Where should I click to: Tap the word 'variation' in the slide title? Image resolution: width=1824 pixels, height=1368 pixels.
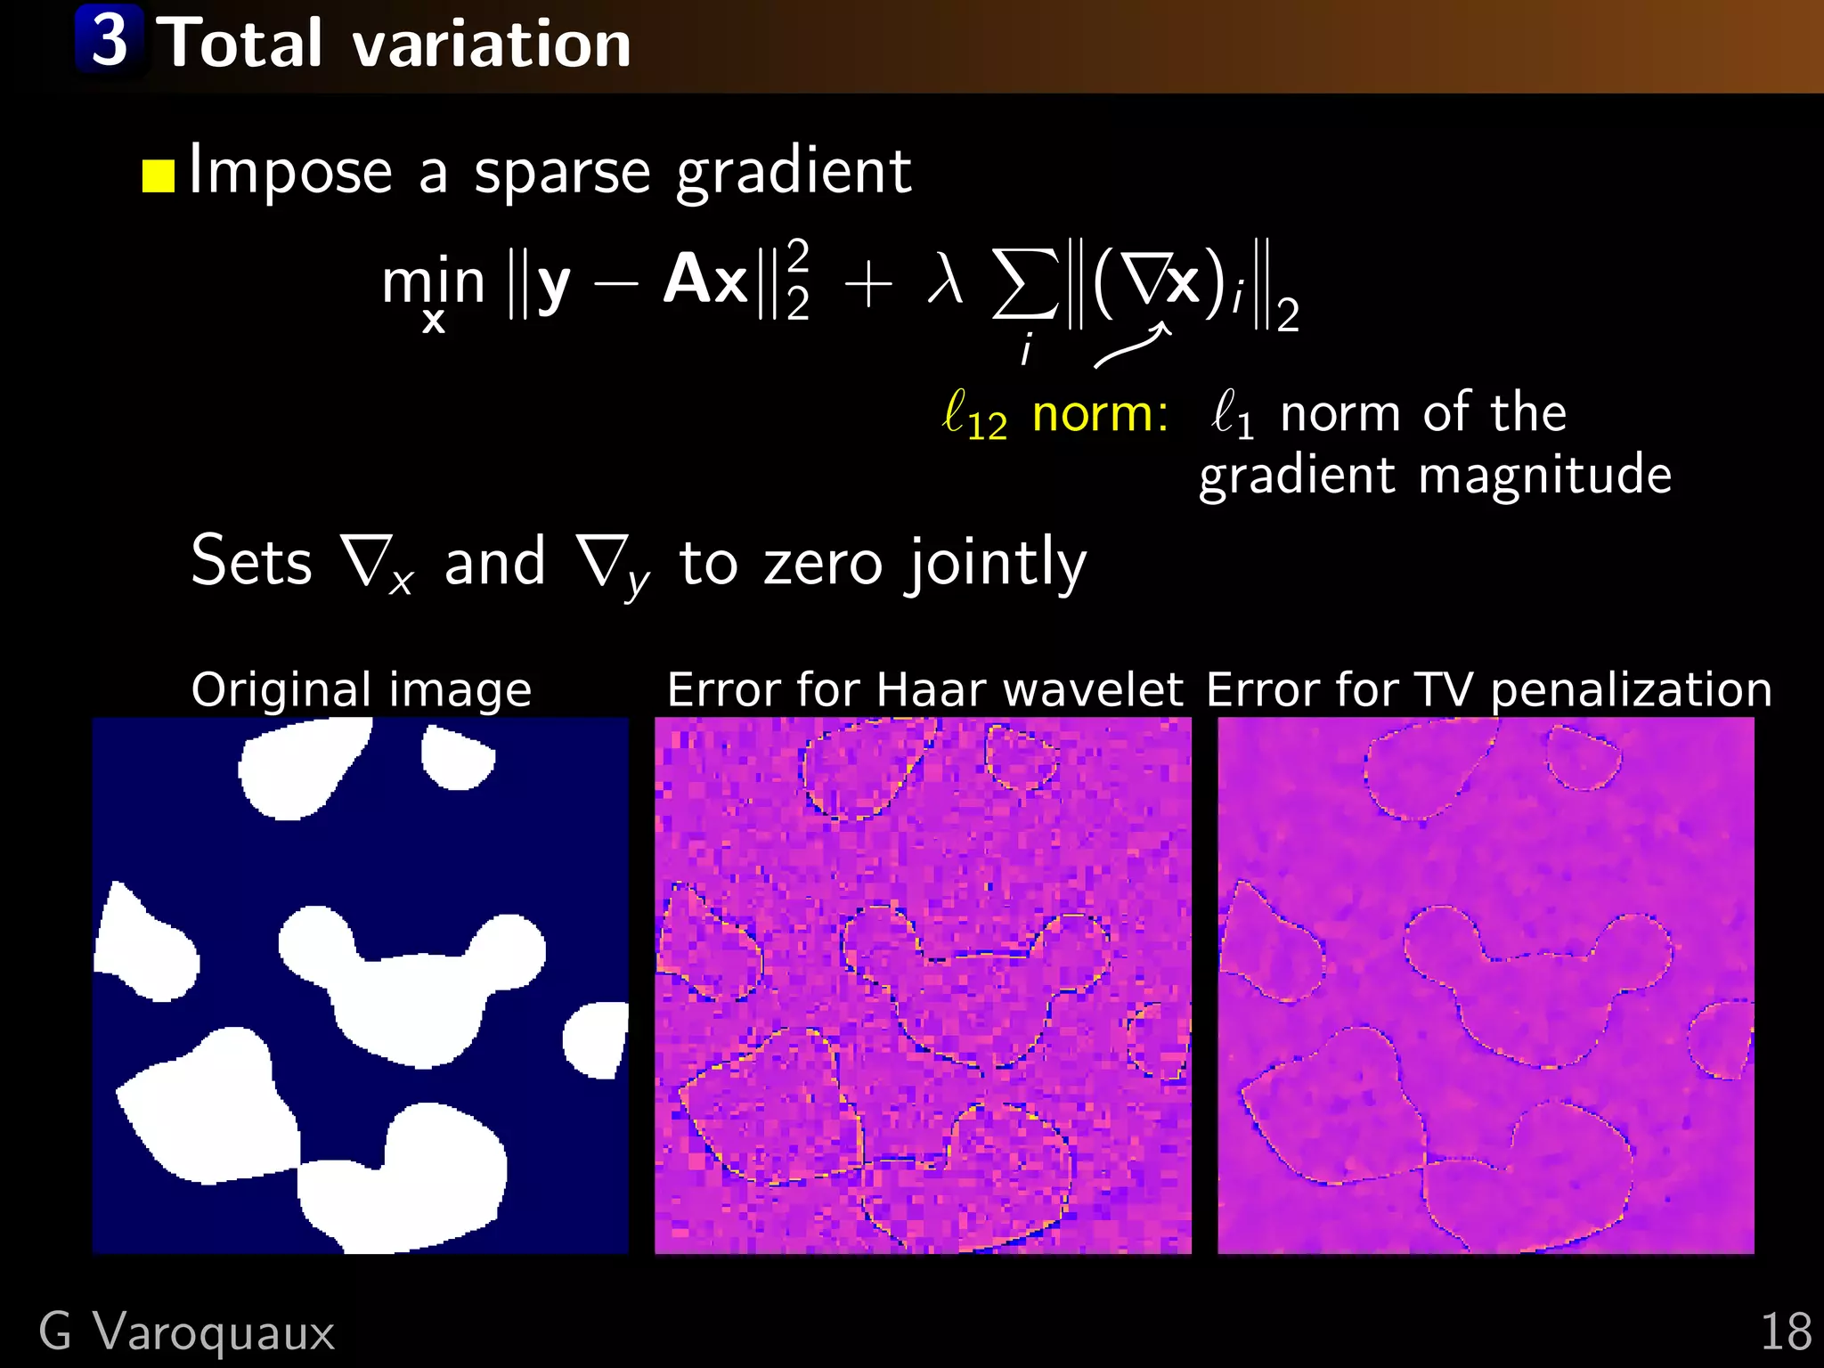tap(492, 45)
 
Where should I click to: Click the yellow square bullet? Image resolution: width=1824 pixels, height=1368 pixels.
tap(159, 175)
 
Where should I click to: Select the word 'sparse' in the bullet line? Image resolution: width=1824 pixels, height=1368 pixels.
tap(562, 171)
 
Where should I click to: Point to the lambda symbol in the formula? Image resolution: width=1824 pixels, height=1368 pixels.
tap(945, 281)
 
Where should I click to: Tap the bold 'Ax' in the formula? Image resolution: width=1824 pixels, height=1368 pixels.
tap(704, 280)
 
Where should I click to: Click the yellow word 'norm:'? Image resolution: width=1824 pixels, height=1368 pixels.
tap(1100, 414)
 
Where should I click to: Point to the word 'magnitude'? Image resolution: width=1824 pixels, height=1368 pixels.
tap(1544, 476)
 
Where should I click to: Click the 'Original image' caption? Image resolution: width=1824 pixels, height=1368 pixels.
tap(361, 690)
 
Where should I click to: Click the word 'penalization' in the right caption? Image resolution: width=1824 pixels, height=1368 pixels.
tap(1631, 690)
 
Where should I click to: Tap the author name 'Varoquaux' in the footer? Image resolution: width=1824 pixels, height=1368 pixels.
tap(214, 1332)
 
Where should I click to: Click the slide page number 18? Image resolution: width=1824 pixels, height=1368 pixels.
tap(1786, 1332)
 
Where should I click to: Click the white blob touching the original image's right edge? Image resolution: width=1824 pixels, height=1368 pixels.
tap(595, 1038)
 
